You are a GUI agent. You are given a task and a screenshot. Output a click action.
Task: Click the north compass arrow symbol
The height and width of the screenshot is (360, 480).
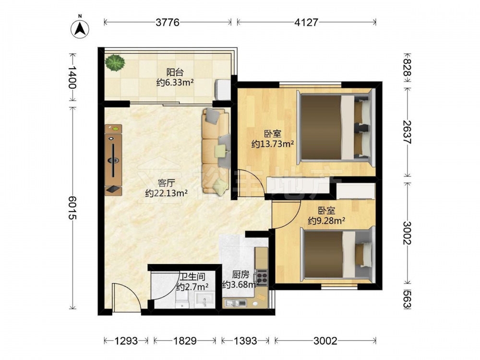pyautogui.click(x=80, y=29)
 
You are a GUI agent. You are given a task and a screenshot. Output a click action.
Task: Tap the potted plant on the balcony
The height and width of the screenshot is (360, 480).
pyautogui.click(x=115, y=62)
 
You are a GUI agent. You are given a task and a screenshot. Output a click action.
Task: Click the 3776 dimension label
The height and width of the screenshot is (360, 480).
pyautogui.click(x=168, y=22)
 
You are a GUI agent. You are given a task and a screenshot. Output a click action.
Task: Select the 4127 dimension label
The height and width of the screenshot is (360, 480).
pyautogui.click(x=306, y=22)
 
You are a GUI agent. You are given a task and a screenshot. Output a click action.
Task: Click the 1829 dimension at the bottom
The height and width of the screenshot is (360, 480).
pyautogui.click(x=185, y=340)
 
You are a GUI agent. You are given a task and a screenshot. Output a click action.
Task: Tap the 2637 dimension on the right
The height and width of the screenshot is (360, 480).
pyautogui.click(x=407, y=132)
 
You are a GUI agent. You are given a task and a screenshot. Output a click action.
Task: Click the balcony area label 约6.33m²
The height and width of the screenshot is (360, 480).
pyautogui.click(x=175, y=83)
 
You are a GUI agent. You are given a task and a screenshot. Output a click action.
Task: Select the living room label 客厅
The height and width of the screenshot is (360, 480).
pyautogui.click(x=166, y=183)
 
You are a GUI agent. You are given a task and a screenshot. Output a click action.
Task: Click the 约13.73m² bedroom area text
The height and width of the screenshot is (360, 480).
pyautogui.click(x=273, y=144)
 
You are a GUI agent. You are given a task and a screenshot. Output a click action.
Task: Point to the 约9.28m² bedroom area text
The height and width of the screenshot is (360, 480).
pyautogui.click(x=326, y=220)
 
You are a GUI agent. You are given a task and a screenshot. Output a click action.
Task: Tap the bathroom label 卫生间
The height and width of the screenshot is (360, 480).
pyautogui.click(x=192, y=277)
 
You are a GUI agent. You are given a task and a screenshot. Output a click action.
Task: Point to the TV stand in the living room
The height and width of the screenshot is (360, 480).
pyautogui.click(x=113, y=160)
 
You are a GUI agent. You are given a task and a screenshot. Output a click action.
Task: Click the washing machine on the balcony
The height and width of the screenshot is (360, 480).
pyautogui.click(x=223, y=90)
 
